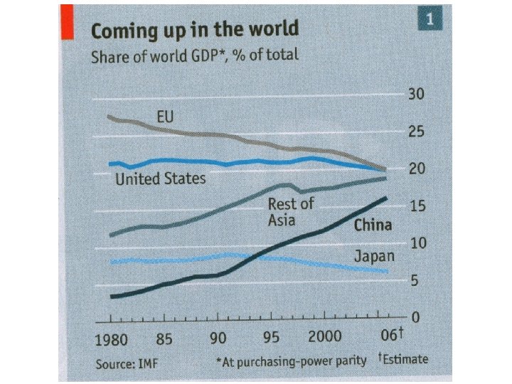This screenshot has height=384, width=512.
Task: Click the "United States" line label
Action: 160,178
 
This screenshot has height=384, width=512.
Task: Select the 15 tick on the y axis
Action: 416,206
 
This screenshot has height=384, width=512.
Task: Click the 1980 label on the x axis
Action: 112,338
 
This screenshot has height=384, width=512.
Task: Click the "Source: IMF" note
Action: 127,364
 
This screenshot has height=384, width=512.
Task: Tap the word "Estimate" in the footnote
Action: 405,358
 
